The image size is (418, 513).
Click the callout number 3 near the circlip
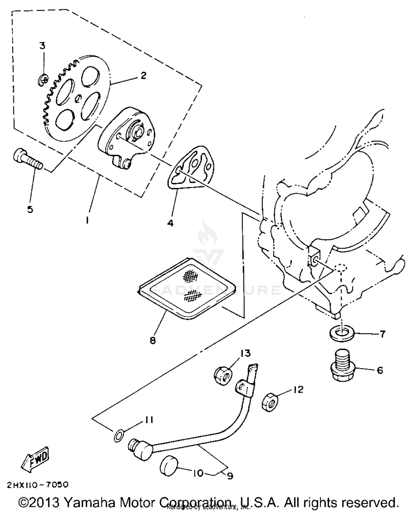tap(42, 45)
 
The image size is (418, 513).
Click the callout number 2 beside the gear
tap(143, 75)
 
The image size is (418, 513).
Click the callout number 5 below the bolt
tap(30, 209)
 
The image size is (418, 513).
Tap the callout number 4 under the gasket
tap(170, 223)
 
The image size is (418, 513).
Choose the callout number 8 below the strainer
tap(153, 340)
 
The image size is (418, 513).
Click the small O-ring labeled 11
tap(119, 435)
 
